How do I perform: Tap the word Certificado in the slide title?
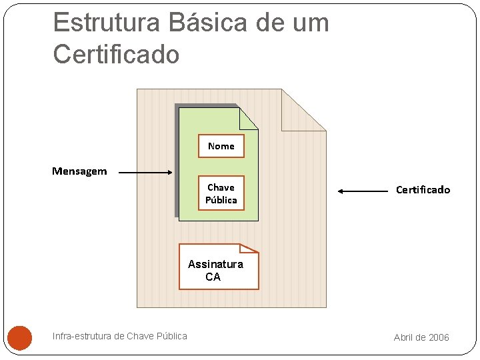coord(116,54)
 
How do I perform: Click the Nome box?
coord(221,146)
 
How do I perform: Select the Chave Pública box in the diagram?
coord(221,193)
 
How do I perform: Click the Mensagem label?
coord(79,171)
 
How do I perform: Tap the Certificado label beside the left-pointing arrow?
coord(423,190)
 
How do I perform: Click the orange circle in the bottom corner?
coord(20,337)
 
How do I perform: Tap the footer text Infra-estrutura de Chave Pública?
coord(120,336)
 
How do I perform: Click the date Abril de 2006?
coord(421,337)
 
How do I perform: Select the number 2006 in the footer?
coord(439,337)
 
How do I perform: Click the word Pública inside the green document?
coord(221,200)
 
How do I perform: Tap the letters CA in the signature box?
coord(213,277)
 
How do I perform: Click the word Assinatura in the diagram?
coord(216,264)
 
